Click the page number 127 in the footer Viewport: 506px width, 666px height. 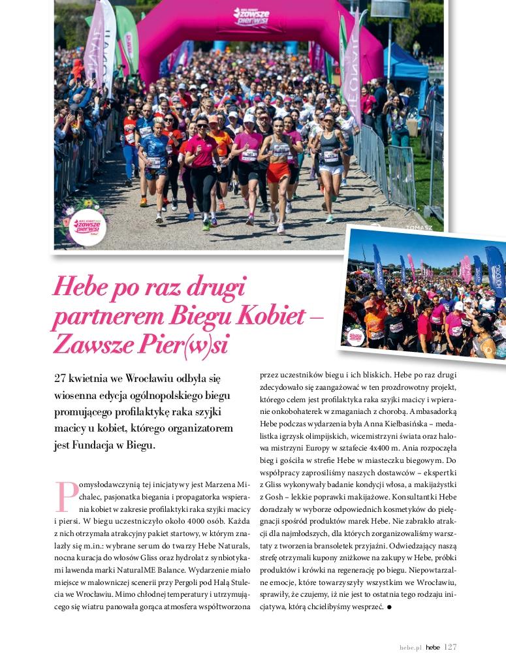451,647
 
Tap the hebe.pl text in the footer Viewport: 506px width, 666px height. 411,648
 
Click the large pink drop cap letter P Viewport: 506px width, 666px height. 66,497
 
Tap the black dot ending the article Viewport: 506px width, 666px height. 389,607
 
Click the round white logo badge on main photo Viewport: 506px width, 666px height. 87,226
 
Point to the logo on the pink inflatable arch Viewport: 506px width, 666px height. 251,18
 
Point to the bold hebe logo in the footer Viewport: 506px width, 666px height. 433,648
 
